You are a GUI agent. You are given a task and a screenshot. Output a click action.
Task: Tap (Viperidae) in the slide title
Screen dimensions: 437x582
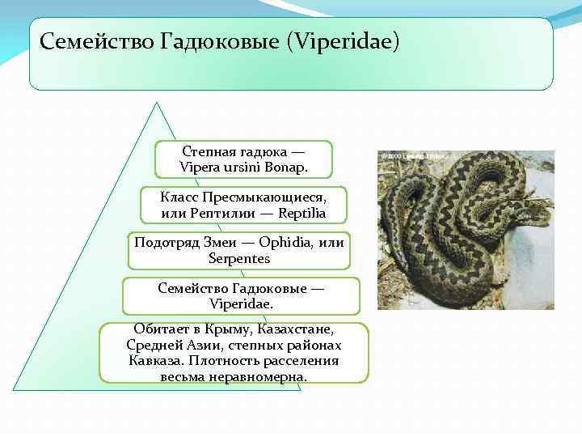pyautogui.click(x=344, y=40)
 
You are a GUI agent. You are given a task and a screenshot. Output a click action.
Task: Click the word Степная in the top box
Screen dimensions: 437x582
pyautogui.click(x=209, y=151)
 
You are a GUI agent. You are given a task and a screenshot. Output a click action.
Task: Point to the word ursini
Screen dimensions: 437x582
pyautogui.click(x=241, y=168)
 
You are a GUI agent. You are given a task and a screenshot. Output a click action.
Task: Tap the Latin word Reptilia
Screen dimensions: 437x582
pyautogui.click(x=300, y=214)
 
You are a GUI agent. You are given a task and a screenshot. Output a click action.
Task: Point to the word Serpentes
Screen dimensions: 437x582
pyautogui.click(x=238, y=258)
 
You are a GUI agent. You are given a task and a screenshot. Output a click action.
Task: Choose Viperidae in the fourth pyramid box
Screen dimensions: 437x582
pyautogui.click(x=241, y=303)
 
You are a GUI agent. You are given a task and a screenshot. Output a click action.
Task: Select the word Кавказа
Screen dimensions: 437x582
pyautogui.click(x=153, y=361)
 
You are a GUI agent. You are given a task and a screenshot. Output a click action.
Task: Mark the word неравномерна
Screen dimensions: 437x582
pyautogui.click(x=259, y=377)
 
